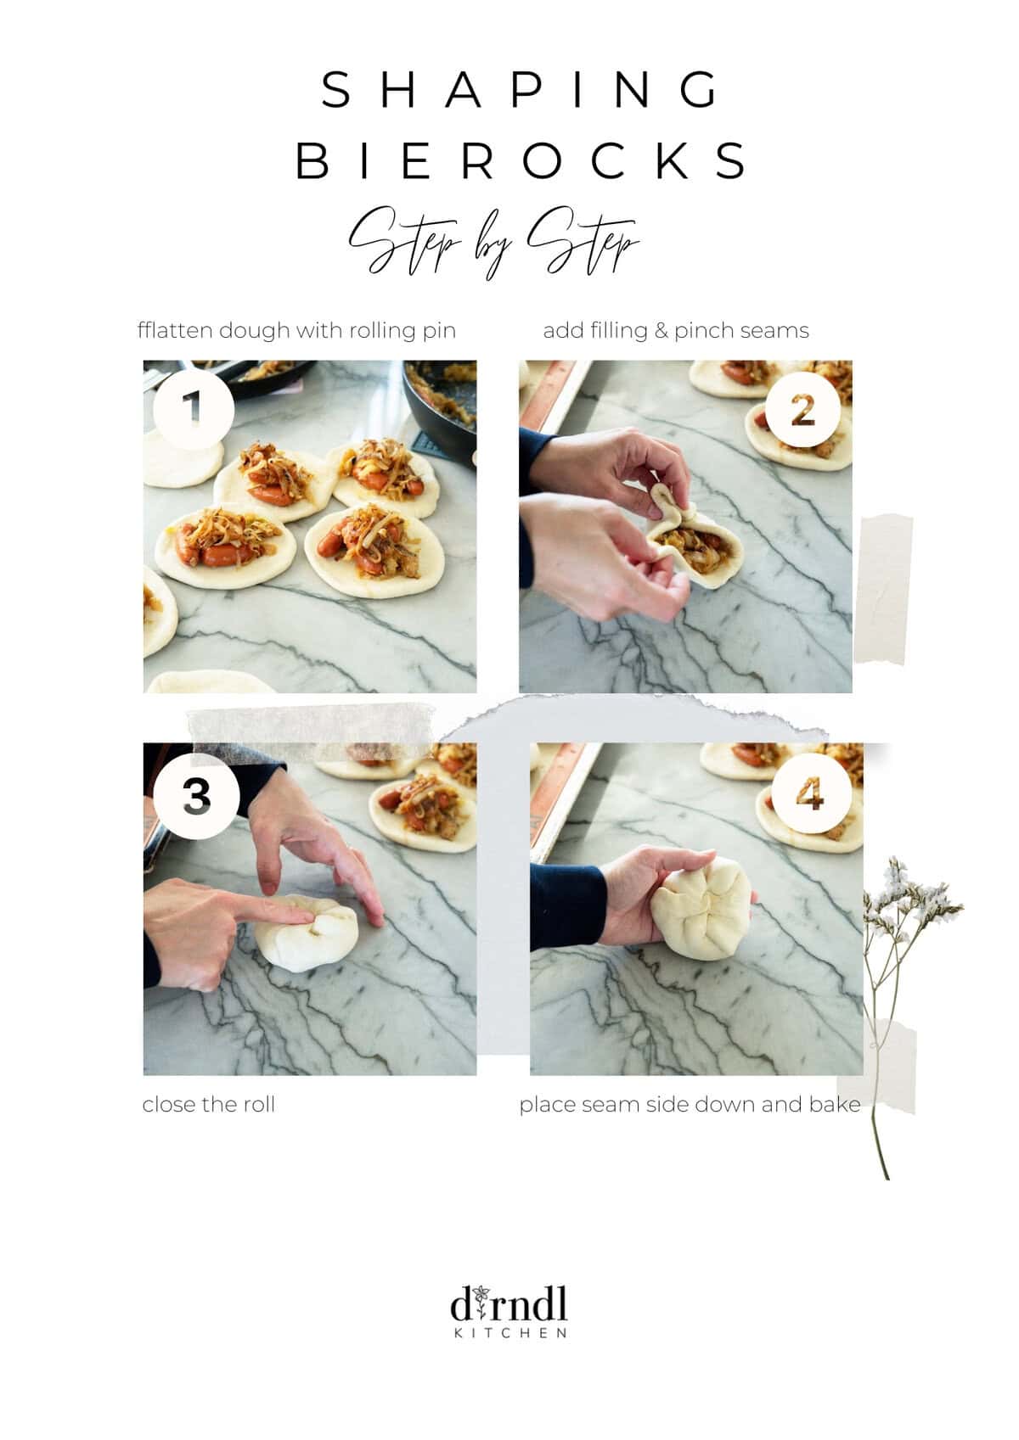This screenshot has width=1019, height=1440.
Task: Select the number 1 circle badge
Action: coord(193,408)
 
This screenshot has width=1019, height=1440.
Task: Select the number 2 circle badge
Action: coord(802,411)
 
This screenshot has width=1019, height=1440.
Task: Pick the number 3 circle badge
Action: coord(196,797)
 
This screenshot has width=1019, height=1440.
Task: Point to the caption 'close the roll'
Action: coord(209,1105)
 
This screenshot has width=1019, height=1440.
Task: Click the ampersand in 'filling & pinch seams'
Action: coord(662,331)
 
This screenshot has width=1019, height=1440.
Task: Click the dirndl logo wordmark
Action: coord(509,1304)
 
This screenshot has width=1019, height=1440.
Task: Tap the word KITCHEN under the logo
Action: coord(510,1333)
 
